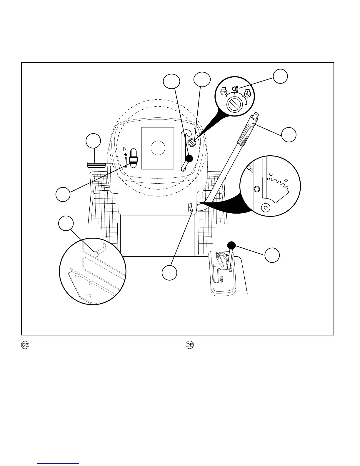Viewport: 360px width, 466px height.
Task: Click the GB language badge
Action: point(25,345)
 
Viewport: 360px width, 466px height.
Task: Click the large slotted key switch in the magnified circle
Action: point(235,105)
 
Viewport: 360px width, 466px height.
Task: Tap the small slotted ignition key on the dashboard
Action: point(192,143)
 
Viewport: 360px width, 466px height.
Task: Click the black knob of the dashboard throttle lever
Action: point(189,158)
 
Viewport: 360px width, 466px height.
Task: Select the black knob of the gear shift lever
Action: point(231,245)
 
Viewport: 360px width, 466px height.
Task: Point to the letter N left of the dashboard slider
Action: point(125,148)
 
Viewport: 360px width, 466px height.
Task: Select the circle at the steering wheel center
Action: point(158,148)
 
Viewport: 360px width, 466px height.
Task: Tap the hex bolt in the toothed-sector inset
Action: point(256,189)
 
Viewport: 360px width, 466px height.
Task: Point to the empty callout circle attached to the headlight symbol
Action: point(280,76)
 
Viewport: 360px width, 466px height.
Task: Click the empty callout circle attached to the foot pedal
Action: point(93,141)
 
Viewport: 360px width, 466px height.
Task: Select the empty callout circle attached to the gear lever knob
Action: point(272,255)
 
